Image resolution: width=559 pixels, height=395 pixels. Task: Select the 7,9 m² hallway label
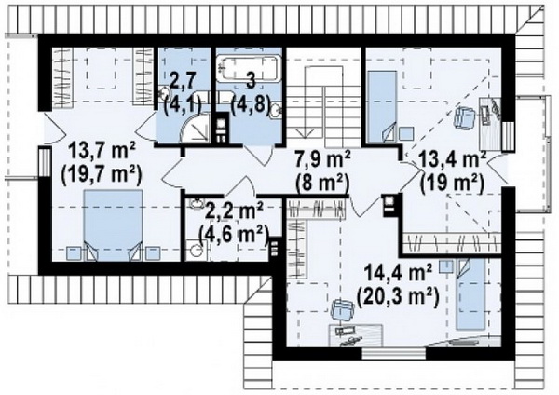click(x=322, y=159)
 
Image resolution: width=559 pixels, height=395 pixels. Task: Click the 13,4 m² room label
click(x=452, y=159)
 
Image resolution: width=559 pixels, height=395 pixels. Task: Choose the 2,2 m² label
click(x=234, y=211)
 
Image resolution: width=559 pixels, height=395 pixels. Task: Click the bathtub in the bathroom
click(x=250, y=68)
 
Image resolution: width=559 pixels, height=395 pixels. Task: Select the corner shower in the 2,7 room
click(x=197, y=128)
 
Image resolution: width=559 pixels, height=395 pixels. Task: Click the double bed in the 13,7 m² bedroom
click(x=113, y=225)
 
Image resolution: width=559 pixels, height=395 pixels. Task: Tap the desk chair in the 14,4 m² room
click(x=343, y=308)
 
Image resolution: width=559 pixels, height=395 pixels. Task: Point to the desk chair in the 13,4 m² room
click(x=465, y=117)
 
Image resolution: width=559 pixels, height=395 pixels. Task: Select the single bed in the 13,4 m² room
click(x=382, y=107)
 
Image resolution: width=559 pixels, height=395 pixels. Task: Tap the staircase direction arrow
click(x=306, y=122)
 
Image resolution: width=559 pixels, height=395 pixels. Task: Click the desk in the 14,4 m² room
click(x=356, y=334)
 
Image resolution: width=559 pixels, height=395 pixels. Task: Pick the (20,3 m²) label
click(x=398, y=297)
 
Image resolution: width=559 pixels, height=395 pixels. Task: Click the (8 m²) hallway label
click(x=322, y=184)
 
